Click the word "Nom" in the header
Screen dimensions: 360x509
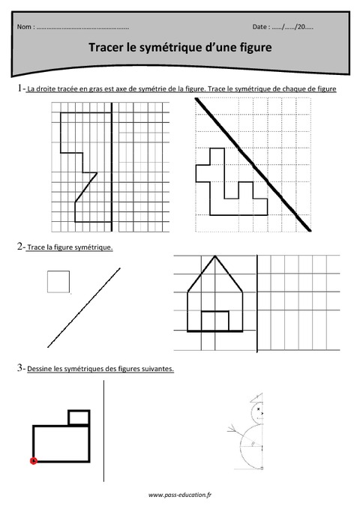point(24,27)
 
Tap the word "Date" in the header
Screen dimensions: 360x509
point(261,27)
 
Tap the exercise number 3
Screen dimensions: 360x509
point(17,368)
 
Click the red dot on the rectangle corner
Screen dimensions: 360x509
point(33,461)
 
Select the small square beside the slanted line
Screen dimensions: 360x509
point(58,281)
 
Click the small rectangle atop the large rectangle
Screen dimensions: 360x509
point(79,418)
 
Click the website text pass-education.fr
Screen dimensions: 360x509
point(180,496)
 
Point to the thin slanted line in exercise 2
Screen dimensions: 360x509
point(82,307)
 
